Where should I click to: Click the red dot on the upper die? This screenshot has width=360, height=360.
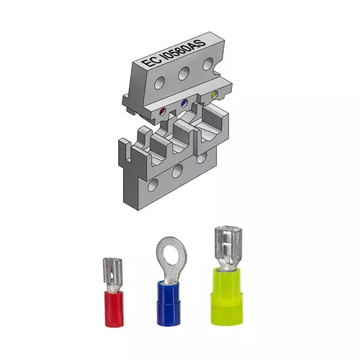click(163, 112)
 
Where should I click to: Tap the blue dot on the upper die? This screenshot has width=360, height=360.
click(184, 103)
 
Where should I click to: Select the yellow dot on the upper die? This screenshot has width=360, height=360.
click(213, 96)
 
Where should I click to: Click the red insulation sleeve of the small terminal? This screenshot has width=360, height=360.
click(113, 308)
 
